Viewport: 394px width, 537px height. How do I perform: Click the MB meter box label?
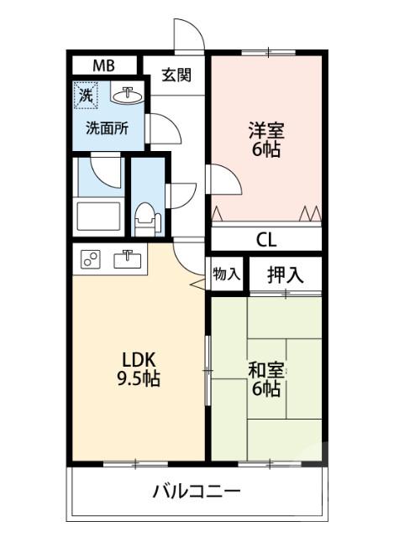[103, 65]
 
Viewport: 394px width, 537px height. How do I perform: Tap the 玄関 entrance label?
[176, 75]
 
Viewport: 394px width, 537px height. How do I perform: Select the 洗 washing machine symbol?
[87, 96]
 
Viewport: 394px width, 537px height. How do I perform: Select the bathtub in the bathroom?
[100, 217]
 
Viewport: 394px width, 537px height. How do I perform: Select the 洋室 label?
[265, 131]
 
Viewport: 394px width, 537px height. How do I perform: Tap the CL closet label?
[265, 239]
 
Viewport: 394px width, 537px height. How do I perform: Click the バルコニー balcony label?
[197, 491]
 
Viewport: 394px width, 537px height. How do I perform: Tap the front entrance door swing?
[188, 34]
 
